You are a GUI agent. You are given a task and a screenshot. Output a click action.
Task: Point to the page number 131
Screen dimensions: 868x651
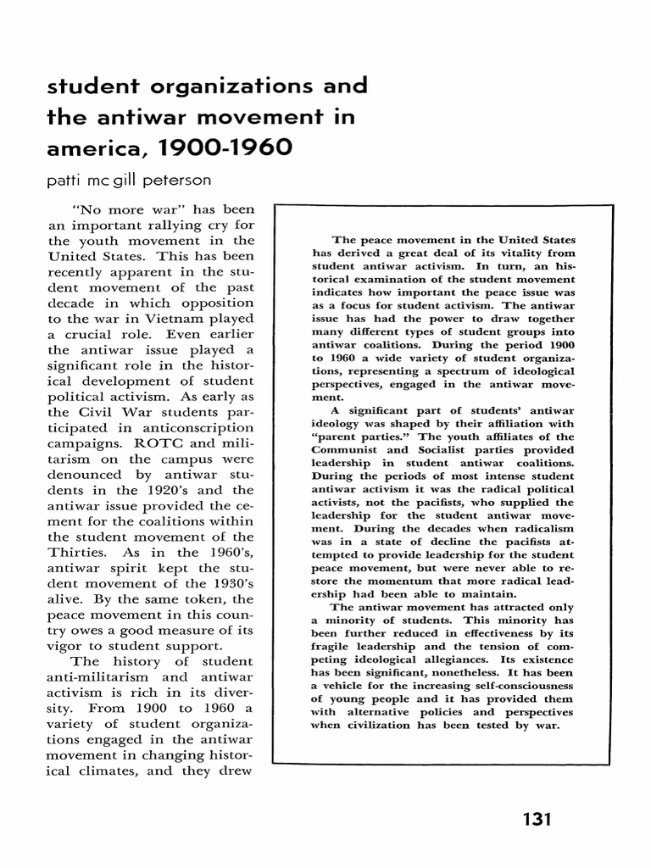coord(537,820)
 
